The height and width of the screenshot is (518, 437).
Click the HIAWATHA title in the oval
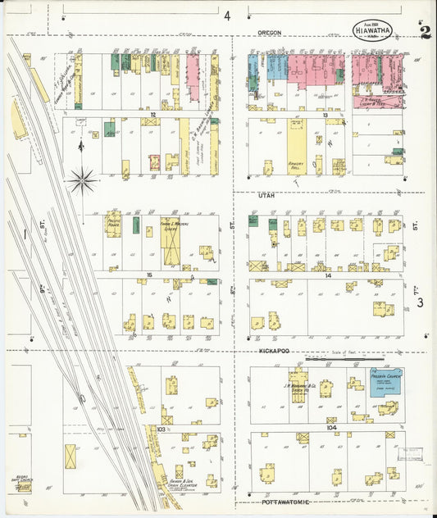(372, 30)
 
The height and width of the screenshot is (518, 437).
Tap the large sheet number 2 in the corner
(425, 33)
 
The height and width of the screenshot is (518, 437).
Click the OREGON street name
(269, 33)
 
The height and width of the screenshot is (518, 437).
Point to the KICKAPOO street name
(273, 351)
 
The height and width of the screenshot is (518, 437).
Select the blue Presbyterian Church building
(385, 384)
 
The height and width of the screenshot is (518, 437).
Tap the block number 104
(330, 427)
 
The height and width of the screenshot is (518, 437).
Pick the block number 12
(152, 114)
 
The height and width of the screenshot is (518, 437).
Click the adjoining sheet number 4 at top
(226, 15)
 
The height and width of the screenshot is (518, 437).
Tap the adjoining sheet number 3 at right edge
(419, 303)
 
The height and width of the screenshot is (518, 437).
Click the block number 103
(162, 429)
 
